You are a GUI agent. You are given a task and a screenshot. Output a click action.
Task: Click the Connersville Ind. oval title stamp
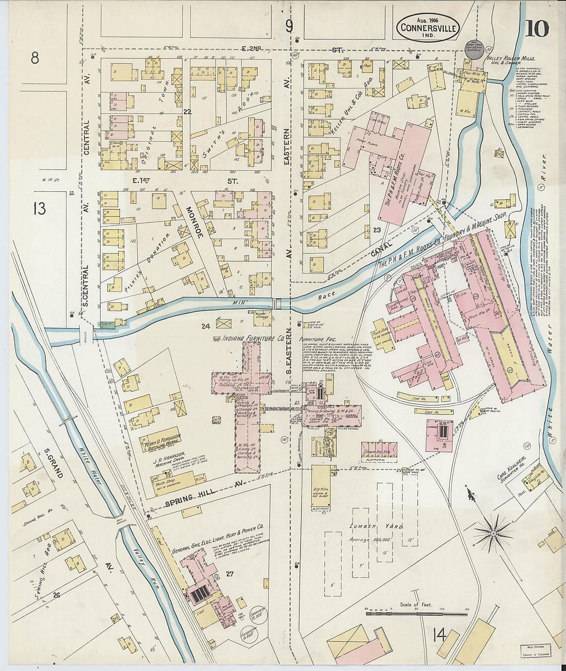[428, 28]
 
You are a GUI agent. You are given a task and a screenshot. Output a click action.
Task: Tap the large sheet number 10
[537, 29]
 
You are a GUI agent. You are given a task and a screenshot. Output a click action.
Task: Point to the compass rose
[493, 533]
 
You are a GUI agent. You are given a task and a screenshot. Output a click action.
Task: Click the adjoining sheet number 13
[39, 209]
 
